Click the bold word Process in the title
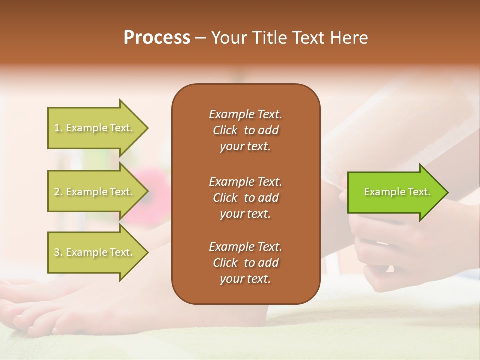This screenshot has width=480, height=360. (157, 38)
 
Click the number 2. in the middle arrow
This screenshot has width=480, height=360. (58, 192)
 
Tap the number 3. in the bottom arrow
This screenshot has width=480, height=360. (58, 252)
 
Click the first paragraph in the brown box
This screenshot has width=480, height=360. (245, 130)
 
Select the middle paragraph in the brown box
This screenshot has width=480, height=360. (245, 197)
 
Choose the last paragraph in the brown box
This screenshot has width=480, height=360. (245, 263)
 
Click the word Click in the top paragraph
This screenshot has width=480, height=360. (225, 130)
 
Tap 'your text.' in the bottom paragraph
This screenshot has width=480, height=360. (245, 279)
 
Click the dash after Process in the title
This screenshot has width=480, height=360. (200, 38)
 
